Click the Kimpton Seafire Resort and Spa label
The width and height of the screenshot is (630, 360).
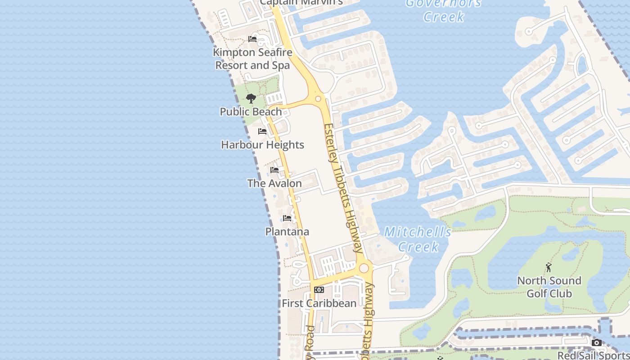coord(252,59)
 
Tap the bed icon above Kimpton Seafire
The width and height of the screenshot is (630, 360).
coord(252,39)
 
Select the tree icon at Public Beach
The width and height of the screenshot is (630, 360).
coord(251,99)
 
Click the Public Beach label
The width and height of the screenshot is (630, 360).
coord(251,112)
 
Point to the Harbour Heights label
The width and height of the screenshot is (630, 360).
coord(262,145)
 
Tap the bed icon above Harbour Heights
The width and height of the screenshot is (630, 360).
coord(262,131)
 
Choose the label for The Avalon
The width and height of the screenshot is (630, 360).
coord(274,184)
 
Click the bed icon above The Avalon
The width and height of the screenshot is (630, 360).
coord(274,170)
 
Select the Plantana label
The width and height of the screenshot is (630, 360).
coord(287,232)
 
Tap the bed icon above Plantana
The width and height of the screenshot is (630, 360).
coord(287,218)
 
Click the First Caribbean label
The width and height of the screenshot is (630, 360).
coord(319,303)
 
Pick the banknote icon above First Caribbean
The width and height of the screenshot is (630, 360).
coord(319,290)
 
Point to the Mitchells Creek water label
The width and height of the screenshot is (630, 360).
coord(418,239)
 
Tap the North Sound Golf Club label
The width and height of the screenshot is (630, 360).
coord(549,287)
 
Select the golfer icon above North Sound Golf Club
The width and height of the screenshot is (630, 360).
coord(549,268)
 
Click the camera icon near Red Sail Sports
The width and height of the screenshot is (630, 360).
coord(597,343)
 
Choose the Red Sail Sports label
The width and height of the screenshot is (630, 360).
coord(593,355)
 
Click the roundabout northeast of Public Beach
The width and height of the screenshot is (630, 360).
coord(318,99)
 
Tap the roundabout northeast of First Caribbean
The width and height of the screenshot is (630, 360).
coord(364,268)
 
